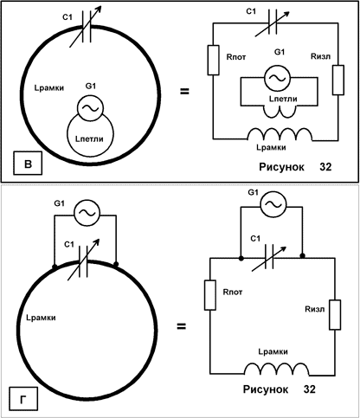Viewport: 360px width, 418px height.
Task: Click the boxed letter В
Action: (28, 164)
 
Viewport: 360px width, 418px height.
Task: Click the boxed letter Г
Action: (23, 400)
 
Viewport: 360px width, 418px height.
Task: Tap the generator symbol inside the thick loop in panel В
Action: (90, 108)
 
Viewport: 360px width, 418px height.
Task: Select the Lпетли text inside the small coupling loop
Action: (89, 139)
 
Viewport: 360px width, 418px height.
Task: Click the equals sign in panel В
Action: (184, 92)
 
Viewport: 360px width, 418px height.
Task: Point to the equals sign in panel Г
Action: (181, 326)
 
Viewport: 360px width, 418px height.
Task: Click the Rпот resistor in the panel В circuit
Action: (213, 60)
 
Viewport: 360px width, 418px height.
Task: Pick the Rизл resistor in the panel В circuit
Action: (338, 80)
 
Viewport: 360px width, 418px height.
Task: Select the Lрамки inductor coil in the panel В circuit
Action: (280, 134)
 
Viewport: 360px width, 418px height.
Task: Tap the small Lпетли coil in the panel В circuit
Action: (280, 112)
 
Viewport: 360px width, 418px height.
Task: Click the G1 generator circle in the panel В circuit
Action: (277, 77)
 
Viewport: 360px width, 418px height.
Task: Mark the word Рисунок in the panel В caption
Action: (281, 167)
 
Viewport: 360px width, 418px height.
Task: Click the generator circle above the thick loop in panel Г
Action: (87, 212)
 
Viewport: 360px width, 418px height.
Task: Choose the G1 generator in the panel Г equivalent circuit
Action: (273, 204)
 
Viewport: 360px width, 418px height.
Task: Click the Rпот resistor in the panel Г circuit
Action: (210, 295)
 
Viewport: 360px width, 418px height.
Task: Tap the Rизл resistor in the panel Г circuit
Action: (335, 315)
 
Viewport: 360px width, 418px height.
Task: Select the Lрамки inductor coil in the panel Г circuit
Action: (277, 370)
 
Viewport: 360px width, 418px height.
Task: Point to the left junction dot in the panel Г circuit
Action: (241, 259)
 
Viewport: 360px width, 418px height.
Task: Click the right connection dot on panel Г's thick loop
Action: (116, 264)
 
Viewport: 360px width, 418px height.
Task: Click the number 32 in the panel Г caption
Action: (310, 389)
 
